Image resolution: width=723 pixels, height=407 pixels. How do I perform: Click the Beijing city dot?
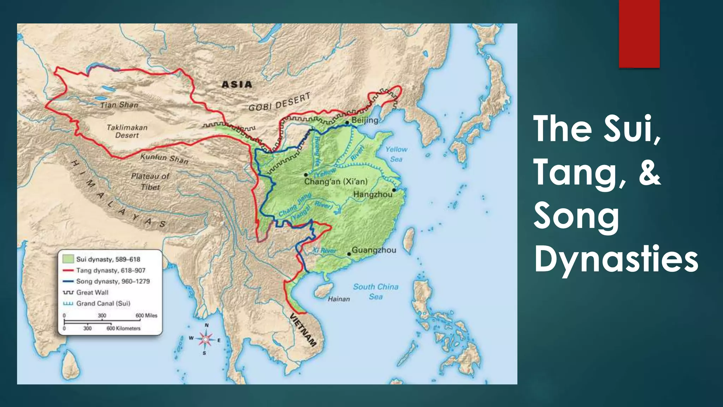(x=347, y=122)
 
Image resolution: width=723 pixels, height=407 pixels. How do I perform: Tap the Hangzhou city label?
(x=373, y=194)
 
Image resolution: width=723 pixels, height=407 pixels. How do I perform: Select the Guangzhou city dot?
(x=349, y=254)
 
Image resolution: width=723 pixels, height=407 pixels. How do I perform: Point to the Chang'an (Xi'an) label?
(x=336, y=182)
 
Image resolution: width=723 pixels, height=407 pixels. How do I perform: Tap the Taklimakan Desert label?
(x=127, y=131)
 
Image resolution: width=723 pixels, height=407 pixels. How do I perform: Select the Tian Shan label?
(x=119, y=105)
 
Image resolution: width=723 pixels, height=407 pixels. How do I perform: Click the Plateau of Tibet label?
(x=150, y=181)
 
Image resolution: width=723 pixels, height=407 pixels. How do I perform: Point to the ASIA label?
(x=237, y=84)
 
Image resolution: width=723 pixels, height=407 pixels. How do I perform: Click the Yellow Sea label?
(x=396, y=154)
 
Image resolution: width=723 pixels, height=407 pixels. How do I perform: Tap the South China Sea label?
(x=376, y=291)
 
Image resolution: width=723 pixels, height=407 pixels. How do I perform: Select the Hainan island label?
(x=339, y=299)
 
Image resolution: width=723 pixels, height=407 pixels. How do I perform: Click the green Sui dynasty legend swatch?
(x=68, y=259)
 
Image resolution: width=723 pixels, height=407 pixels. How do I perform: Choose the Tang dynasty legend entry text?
(x=110, y=270)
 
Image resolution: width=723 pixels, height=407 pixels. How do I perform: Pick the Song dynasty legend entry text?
(x=113, y=281)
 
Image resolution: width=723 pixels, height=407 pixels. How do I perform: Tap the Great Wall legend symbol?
(x=68, y=293)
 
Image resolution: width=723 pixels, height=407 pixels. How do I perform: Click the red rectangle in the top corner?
(x=639, y=34)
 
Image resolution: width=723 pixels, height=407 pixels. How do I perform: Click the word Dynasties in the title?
(x=616, y=260)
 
